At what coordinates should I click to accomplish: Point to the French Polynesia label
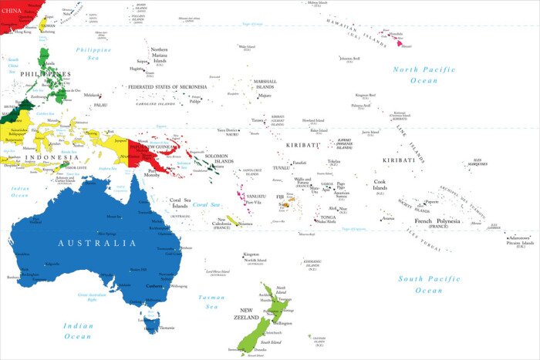pyautogui.click(x=437, y=221)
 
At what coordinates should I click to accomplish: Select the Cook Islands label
pyautogui.click(x=380, y=185)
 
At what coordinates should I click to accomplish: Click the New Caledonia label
pyautogui.click(x=221, y=222)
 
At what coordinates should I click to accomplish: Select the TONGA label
pyautogui.click(x=328, y=217)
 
